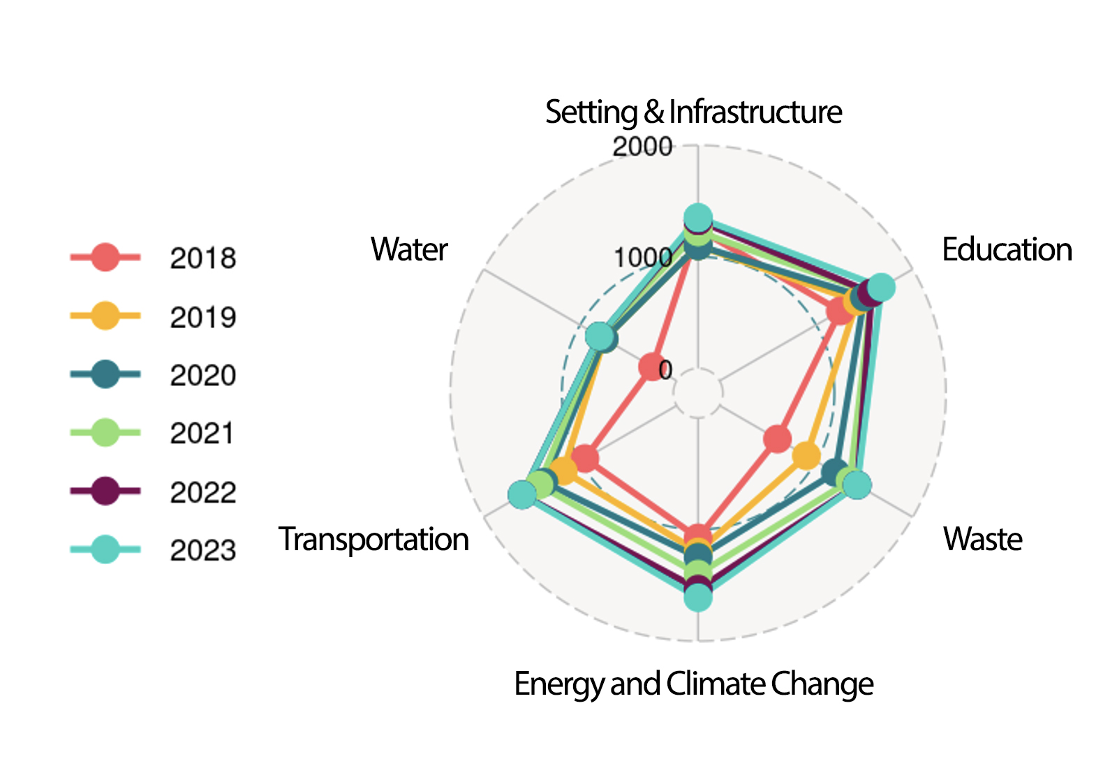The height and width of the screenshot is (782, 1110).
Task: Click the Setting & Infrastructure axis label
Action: [x=693, y=112]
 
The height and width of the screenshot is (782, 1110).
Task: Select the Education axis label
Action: [x=1007, y=249]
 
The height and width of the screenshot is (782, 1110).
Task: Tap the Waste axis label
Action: [x=982, y=539]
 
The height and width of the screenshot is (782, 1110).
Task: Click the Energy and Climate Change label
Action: [x=693, y=684]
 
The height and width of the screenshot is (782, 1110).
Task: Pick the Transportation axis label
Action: [x=373, y=539]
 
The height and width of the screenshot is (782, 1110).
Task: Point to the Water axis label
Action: [x=408, y=249]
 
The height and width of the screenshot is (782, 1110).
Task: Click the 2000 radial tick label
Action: [x=642, y=147]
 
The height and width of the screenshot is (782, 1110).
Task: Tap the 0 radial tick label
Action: [x=665, y=370]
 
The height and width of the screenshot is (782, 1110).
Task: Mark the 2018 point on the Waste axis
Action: [x=777, y=439]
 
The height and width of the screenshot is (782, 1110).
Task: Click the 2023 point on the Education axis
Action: [x=881, y=287]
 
